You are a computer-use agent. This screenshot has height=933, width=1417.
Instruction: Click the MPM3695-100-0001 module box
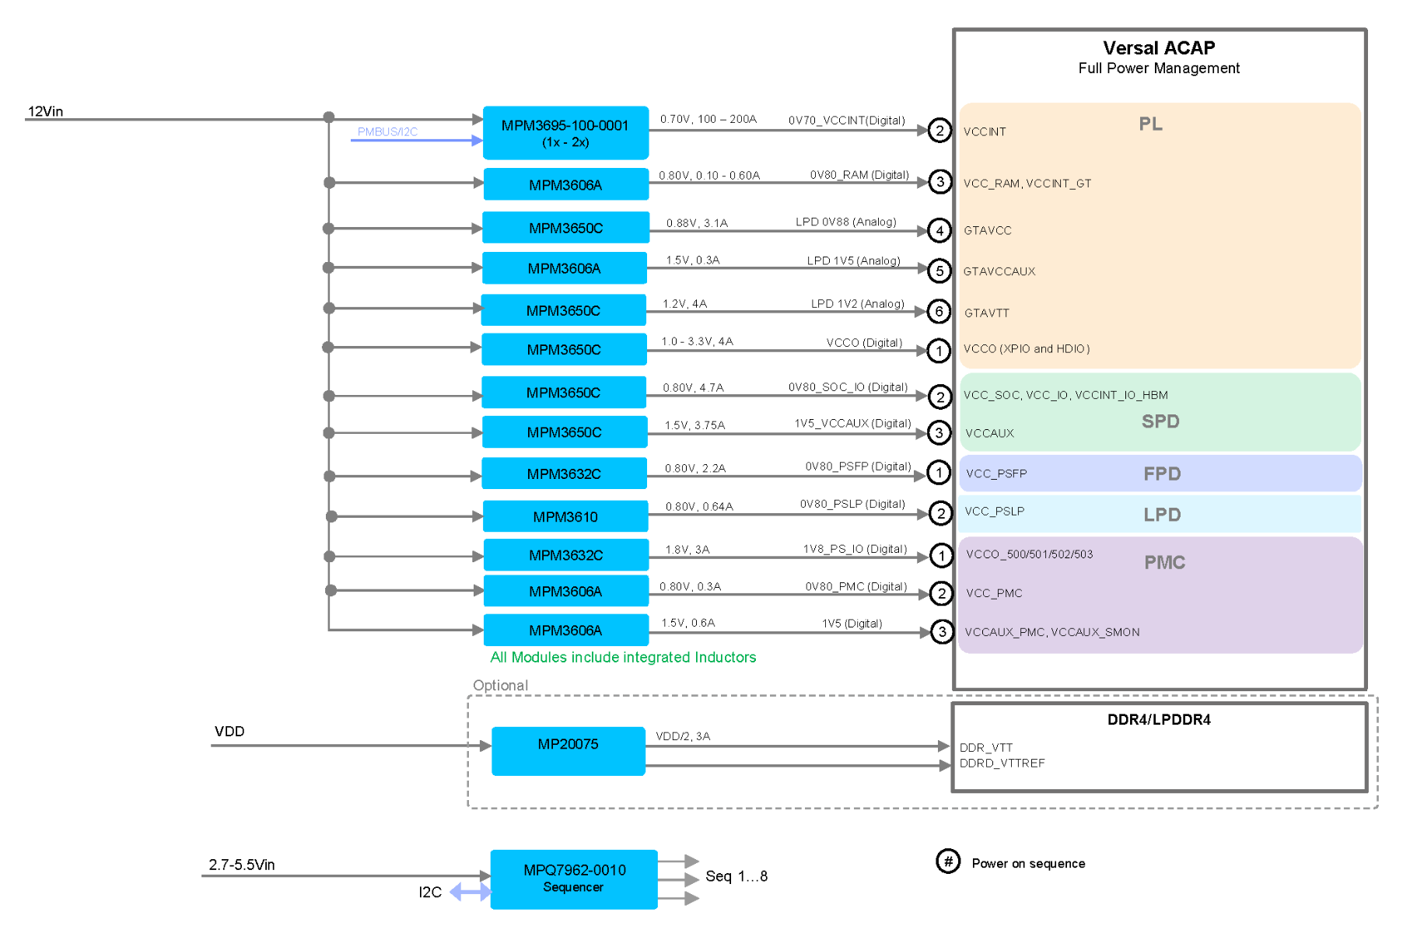(x=565, y=133)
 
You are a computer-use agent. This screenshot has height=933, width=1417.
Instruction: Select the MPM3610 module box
(x=565, y=516)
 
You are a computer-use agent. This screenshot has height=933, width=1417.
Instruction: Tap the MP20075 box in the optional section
(x=569, y=751)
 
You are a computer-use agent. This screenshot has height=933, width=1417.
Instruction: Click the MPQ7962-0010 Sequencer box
(x=574, y=879)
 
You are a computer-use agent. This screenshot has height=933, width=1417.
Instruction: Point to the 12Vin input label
(x=46, y=111)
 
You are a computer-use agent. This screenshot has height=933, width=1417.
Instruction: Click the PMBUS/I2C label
(x=387, y=132)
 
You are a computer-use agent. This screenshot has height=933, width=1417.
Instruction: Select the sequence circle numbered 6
(x=939, y=312)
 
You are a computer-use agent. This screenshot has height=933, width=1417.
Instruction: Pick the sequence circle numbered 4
(x=939, y=230)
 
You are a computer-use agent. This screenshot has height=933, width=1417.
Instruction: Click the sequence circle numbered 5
(x=939, y=271)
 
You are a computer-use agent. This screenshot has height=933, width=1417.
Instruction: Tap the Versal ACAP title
(x=1159, y=48)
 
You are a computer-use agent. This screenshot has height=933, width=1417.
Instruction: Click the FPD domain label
(x=1162, y=473)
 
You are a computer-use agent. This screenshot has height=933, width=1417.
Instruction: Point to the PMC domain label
(x=1164, y=562)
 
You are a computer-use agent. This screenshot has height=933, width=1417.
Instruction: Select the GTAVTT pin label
(x=987, y=313)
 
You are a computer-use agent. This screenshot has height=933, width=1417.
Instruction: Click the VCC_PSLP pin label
(x=995, y=511)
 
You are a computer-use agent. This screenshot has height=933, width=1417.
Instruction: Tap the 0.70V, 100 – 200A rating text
(x=708, y=119)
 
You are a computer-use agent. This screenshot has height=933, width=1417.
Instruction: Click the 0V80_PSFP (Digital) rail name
(x=858, y=466)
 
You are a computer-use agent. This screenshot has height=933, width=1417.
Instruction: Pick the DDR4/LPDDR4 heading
(x=1159, y=720)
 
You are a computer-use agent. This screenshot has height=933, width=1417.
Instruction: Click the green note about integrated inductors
(x=623, y=657)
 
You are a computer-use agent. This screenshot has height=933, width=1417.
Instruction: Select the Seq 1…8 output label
(x=736, y=876)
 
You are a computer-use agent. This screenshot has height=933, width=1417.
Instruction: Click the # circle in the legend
(x=948, y=861)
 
